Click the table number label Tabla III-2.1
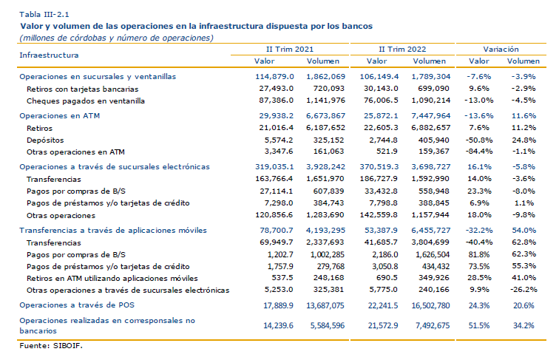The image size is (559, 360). (44, 15)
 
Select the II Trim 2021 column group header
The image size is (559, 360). (290, 50)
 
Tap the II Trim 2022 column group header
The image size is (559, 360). (402, 50)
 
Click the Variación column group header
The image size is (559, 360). (501, 50)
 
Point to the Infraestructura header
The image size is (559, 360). (49, 55)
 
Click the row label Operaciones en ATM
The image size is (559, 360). (60, 116)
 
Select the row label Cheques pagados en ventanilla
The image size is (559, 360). (86, 101)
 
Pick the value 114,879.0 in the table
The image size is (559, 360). (274, 77)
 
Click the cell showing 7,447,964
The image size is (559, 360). (430, 116)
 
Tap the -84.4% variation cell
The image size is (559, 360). (479, 152)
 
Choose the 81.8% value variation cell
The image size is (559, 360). (478, 254)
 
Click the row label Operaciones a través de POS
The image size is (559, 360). (77, 305)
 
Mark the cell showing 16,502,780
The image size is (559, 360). (430, 306)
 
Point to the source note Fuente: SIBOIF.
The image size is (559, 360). (50, 345)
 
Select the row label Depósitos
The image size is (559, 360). (45, 140)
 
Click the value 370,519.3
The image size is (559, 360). (379, 167)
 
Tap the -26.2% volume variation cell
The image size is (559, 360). (524, 290)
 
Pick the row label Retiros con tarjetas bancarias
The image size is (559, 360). (82, 89)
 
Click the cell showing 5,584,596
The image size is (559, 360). (328, 325)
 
